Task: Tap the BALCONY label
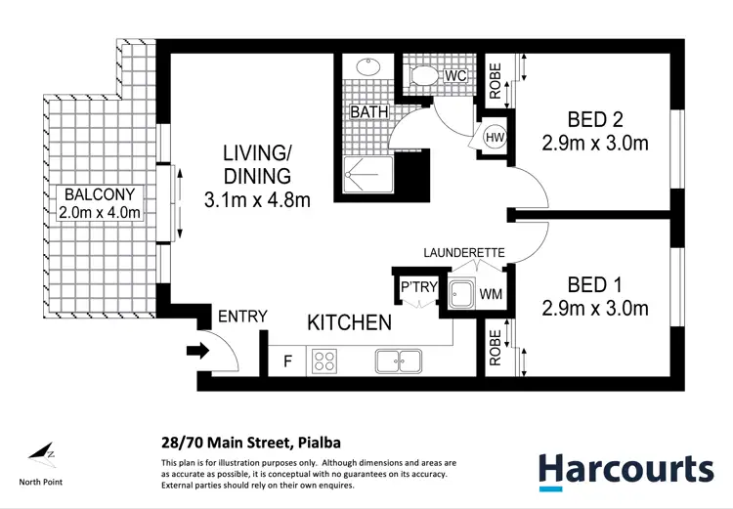point(101,193)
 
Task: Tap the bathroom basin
point(369,67)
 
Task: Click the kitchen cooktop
point(323,361)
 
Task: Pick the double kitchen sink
point(399,361)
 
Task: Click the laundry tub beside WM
point(461,292)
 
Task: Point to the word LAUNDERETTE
point(463,253)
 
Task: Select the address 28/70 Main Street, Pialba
point(237,441)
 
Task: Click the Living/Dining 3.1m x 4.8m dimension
point(257,201)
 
